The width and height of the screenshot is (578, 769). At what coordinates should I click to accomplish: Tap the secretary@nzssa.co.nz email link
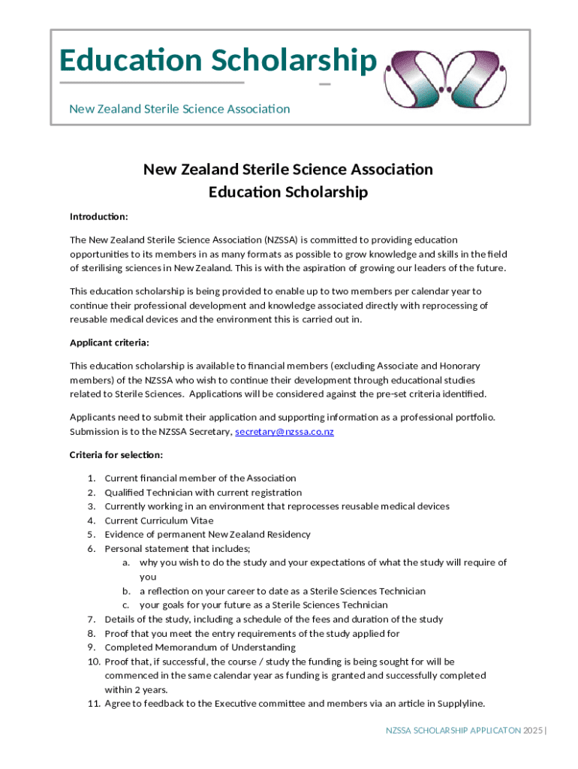[284, 432]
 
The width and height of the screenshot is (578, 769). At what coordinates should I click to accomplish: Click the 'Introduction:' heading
[99, 217]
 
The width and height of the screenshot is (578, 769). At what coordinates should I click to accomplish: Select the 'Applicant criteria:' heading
[110, 342]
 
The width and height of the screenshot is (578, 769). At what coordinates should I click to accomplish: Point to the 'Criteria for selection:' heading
[116, 455]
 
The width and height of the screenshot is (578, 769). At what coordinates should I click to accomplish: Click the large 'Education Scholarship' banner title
[217, 61]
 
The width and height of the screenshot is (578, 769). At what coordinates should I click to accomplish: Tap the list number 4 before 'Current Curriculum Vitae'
[91, 520]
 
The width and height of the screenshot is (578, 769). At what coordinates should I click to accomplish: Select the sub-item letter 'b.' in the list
[127, 591]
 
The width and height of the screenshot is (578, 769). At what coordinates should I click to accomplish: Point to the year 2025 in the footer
[534, 730]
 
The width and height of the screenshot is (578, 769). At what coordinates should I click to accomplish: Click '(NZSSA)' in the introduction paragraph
[281, 240]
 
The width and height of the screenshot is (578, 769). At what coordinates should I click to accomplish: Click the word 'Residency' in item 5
[289, 535]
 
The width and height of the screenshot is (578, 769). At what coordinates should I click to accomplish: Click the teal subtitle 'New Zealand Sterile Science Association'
[179, 109]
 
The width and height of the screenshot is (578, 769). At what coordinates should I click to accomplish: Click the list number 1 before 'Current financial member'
[91, 478]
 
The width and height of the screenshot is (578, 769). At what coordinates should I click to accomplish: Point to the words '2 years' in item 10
[152, 689]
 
